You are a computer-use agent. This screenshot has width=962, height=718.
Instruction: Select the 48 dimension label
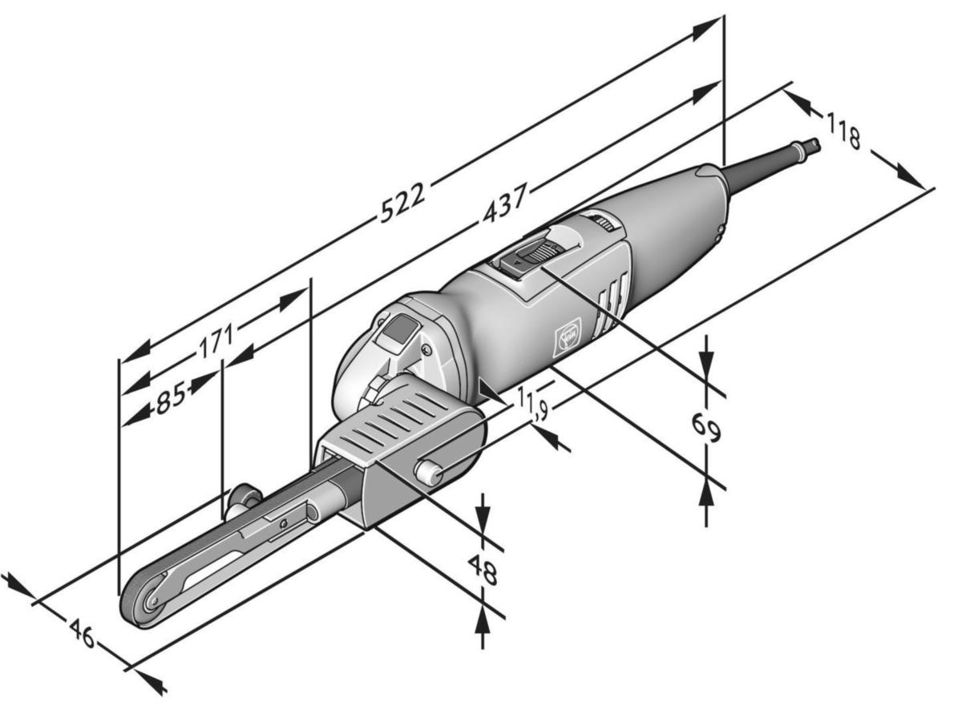click(483, 571)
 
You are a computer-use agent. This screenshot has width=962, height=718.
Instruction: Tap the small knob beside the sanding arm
click(239, 502)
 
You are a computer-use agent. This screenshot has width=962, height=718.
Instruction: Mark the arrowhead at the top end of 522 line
click(705, 27)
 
